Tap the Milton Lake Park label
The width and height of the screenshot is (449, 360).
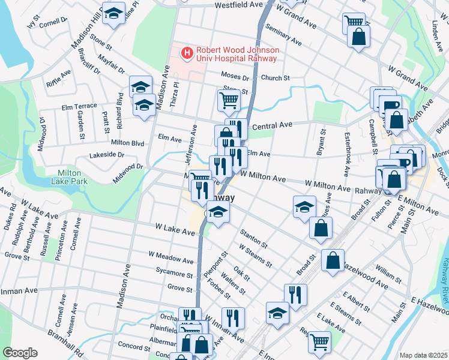click(68, 176)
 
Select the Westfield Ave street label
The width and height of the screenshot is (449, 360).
click(238, 5)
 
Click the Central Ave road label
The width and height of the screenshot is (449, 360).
click(272, 125)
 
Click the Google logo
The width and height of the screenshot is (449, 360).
click(20, 353)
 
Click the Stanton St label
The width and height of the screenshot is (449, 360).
click(253, 238)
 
